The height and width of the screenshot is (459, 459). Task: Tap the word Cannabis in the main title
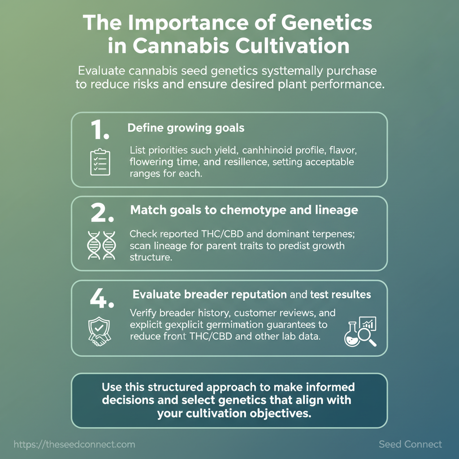[181, 46]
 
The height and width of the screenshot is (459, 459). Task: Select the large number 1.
[100, 130]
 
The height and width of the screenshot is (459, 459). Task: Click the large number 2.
[102, 213]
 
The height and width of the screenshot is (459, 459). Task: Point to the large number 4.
[102, 298]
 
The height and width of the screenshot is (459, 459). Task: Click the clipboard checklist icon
[100, 162]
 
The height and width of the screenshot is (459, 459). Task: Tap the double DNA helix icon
[102, 245]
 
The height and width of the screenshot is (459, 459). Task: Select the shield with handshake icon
[100, 331]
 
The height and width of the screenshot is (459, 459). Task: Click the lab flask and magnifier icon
[360, 331]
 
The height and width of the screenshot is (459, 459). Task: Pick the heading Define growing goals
[186, 128]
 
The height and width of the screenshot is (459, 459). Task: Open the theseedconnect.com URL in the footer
[74, 444]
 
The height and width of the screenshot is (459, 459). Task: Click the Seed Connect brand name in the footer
[410, 444]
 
